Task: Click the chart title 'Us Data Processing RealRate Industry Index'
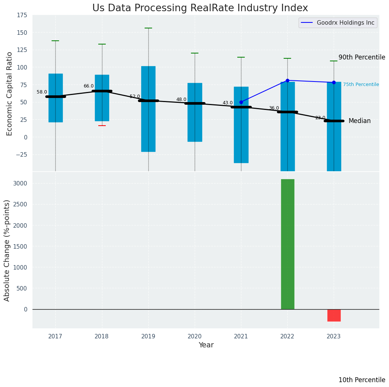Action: (x=200, y=8)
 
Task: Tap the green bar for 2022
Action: (x=287, y=244)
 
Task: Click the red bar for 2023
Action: (x=334, y=315)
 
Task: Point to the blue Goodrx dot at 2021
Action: (x=241, y=102)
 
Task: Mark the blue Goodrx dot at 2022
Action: (x=287, y=80)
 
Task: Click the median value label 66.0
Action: (x=89, y=86)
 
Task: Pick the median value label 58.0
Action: (x=42, y=92)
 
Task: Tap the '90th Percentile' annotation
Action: (x=361, y=58)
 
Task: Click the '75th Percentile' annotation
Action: (x=361, y=85)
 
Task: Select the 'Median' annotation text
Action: (x=359, y=121)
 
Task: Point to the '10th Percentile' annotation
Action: (x=361, y=380)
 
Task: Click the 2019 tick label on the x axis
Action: (x=148, y=337)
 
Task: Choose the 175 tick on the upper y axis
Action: (x=22, y=15)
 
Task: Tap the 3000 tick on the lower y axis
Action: (x=20, y=184)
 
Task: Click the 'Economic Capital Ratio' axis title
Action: (x=10, y=93)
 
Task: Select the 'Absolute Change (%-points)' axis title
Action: (x=7, y=250)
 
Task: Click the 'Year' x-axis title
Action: (x=206, y=345)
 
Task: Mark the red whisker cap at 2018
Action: (x=102, y=126)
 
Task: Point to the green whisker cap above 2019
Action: (x=148, y=28)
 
